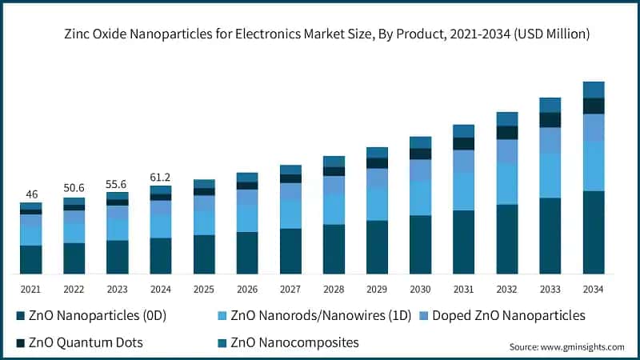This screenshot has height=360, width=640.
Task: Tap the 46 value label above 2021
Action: pos(31,194)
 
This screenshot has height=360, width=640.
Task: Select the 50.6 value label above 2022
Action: pos(74,188)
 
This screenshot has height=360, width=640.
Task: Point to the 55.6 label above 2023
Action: pos(118,183)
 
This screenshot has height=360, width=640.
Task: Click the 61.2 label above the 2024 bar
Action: pos(161,177)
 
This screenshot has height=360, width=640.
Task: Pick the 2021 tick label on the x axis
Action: pos(31,289)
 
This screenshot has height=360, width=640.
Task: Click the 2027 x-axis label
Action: pos(290,289)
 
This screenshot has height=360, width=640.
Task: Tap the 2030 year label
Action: pos(420,289)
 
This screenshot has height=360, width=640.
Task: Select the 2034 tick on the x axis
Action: pos(593,289)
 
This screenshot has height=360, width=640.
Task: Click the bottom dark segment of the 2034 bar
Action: pos(593,232)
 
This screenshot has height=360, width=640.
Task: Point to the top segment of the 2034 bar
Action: pos(593,90)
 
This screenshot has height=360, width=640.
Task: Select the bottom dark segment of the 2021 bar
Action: pos(31,259)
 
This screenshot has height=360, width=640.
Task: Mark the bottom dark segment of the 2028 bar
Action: pos(334,249)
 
